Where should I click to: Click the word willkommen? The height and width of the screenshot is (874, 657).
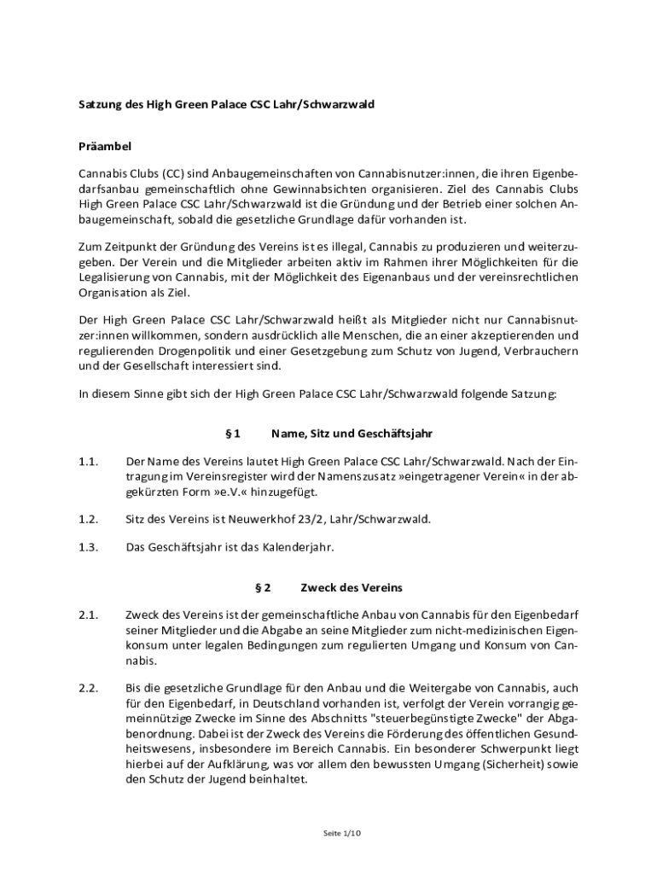click(156, 335)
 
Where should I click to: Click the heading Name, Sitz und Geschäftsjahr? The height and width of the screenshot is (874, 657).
click(346, 434)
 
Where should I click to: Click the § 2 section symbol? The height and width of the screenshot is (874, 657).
click(263, 587)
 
